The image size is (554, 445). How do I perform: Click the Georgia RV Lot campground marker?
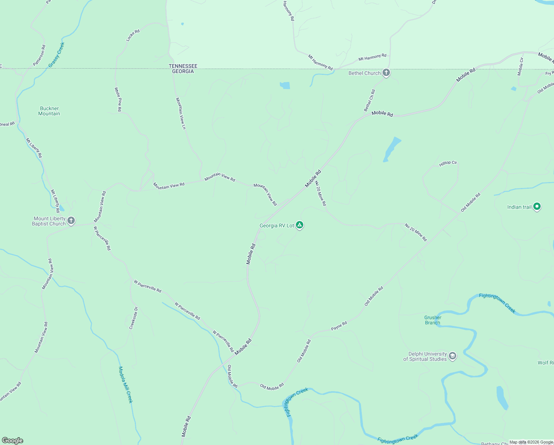(300, 225)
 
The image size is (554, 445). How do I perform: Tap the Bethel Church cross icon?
(386, 73)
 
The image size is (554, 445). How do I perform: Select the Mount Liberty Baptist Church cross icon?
(71, 221)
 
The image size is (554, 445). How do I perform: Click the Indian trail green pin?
(537, 207)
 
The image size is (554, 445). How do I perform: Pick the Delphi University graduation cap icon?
(452, 356)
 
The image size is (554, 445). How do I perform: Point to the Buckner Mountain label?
(49, 111)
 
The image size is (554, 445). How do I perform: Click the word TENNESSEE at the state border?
(183, 66)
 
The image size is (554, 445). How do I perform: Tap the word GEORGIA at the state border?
(183, 71)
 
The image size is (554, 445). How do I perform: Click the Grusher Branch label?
(433, 320)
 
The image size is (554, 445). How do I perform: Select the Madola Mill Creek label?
(126, 385)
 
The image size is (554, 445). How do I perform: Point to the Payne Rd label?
(339, 326)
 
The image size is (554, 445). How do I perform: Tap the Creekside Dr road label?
(134, 318)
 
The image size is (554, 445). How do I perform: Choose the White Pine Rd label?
(118, 99)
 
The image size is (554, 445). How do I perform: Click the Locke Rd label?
(133, 34)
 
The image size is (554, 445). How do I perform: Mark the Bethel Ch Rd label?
(369, 100)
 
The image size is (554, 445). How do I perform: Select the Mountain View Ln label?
(181, 113)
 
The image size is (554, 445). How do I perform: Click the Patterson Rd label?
(39, 56)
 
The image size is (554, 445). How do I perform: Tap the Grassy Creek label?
(57, 55)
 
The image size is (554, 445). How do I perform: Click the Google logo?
(13, 441)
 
